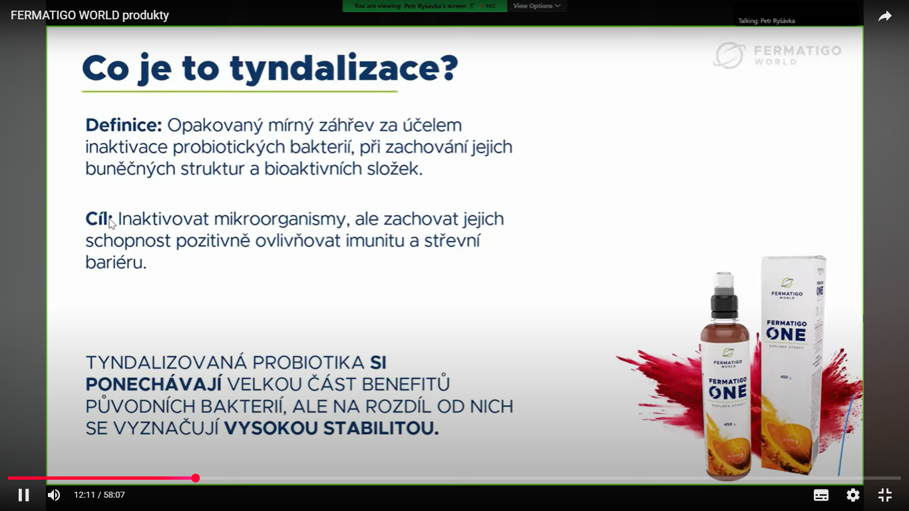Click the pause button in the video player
pos(23,495)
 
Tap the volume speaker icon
pos(54,495)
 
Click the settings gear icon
pos(852,495)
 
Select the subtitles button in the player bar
pos(821,495)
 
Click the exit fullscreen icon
pos(884,495)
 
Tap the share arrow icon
pos(884,16)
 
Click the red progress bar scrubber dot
pos(196,478)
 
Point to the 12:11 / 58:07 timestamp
pos(99,495)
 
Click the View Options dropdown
pos(536,6)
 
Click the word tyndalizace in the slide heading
pos(344,69)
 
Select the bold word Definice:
pos(124,125)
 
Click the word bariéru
pos(116,263)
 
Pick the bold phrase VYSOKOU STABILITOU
pos(331,428)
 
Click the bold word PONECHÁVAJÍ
pos(154,384)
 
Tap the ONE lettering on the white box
pos(786,335)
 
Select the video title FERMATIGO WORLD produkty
pos(90,15)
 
